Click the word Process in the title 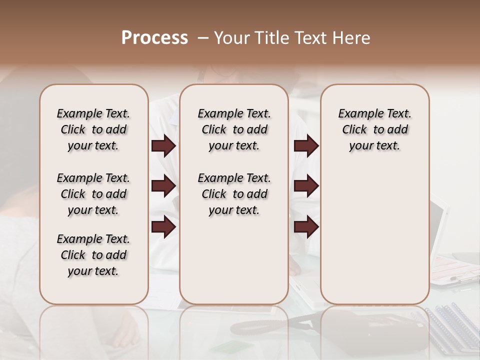click(154, 38)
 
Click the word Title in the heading click(274, 38)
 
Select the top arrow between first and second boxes click(163, 146)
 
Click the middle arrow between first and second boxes click(163, 186)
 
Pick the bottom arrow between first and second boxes click(163, 227)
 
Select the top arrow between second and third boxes click(306, 146)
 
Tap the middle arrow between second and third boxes click(306, 186)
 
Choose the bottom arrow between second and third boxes click(306, 227)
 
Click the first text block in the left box click(93, 129)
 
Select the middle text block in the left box click(93, 194)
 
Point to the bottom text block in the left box click(93, 255)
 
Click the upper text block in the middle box click(234, 129)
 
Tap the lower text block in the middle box click(234, 194)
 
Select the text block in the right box click(374, 129)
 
